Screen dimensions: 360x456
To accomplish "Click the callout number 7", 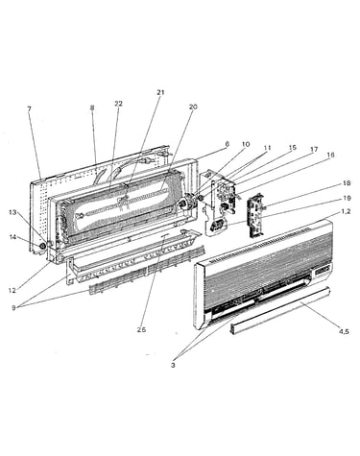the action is coord(29,109).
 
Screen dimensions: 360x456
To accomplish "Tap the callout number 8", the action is coord(92,108).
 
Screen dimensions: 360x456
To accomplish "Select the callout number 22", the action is coord(118,104).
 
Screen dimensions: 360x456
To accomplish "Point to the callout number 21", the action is coord(160,92).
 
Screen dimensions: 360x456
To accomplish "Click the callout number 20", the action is coord(193,107).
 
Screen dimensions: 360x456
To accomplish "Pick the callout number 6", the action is coord(227,144).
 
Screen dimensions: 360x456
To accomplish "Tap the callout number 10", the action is coord(246,145).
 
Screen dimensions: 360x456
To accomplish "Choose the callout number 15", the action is coord(293,148).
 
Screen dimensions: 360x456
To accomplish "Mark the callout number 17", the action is coord(314,150).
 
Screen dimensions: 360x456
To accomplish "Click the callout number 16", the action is coord(330,155).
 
